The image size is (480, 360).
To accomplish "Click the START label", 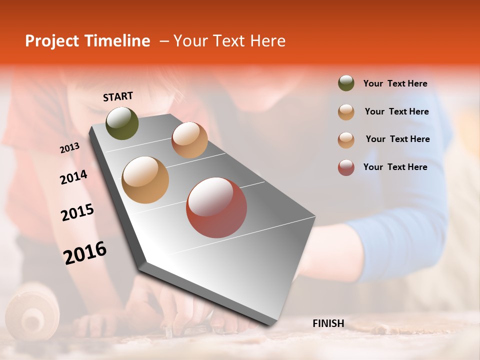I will [118, 96].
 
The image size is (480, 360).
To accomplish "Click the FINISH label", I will [328, 323].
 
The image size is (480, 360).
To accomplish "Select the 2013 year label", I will [69, 148].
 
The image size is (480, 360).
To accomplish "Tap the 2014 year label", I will [73, 177].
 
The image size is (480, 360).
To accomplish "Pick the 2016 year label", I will [85, 253].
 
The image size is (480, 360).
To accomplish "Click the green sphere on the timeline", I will [122, 123].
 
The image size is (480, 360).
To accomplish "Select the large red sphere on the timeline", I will [216, 207].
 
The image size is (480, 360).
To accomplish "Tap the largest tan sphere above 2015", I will [145, 180].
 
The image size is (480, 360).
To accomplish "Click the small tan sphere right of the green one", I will [189, 140].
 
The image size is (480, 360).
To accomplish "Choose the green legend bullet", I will [346, 83].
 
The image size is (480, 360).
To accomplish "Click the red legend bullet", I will [346, 167].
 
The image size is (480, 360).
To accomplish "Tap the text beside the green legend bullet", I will [395, 84].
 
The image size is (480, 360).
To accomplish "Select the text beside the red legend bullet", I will [395, 167].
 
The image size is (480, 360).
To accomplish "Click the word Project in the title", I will [51, 41].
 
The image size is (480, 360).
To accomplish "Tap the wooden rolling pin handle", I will [32, 312].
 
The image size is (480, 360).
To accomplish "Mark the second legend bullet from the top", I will [346, 112].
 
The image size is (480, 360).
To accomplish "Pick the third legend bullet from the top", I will [346, 140].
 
